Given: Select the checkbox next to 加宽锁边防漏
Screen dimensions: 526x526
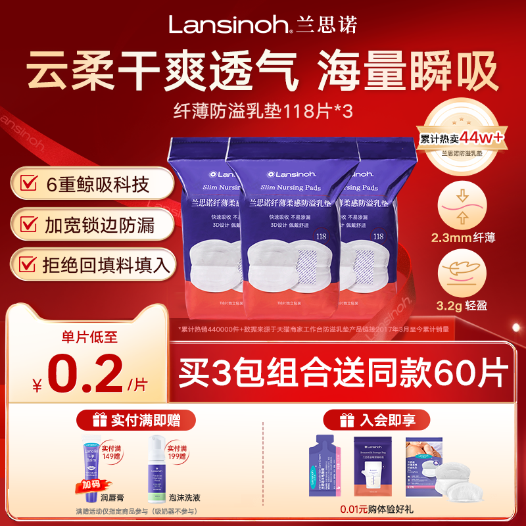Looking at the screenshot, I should click(x=28, y=225).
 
